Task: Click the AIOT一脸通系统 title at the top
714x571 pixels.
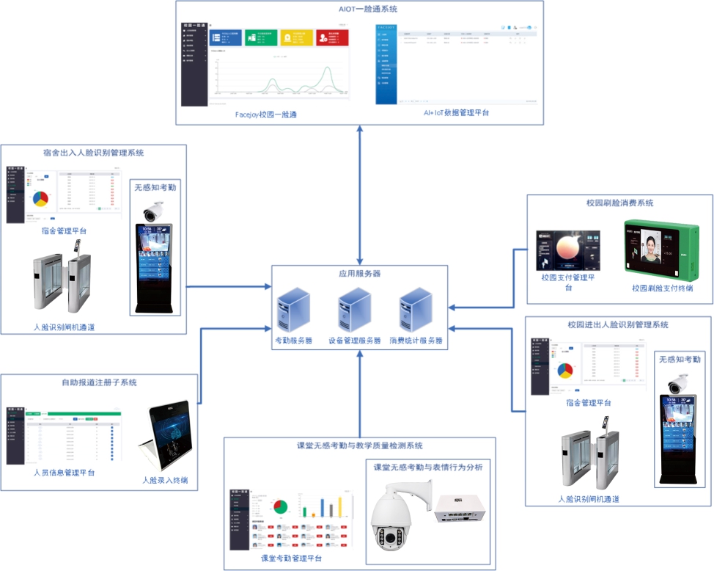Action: pos(359,9)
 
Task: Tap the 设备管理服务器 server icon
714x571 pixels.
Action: pos(354,312)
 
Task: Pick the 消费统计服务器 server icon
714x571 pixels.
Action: pos(415,312)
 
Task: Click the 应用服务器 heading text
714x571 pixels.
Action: pos(359,273)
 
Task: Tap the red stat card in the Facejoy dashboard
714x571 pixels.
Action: pos(331,38)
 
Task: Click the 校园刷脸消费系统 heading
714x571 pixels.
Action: pos(619,203)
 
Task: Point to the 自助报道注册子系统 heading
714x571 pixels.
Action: pos(99,382)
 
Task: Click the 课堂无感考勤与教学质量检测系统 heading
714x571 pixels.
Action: pos(359,445)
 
